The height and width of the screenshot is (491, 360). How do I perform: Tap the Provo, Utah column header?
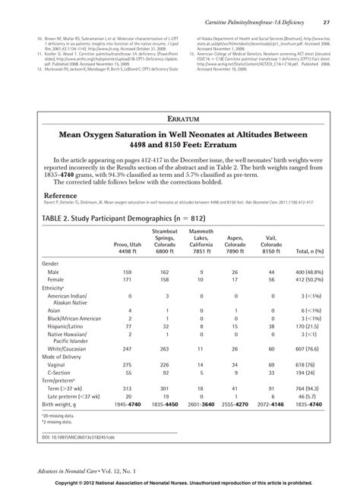pos(128,247)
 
